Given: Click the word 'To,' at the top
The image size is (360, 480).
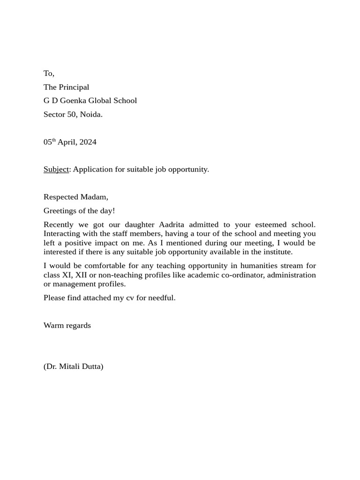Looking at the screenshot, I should pos(49,73).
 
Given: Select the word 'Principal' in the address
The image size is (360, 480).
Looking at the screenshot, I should pos(74,87).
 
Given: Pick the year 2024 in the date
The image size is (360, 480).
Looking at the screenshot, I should pos(88,142).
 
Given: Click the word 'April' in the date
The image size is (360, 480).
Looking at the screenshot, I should pos(67,142).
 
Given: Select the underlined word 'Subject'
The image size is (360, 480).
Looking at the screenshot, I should pos(56,169).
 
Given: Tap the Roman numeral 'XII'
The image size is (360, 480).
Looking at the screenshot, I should pos(82,275).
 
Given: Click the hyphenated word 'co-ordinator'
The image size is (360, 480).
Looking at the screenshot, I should pos(246,275).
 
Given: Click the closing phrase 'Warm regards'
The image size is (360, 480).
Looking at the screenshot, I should pos(67,325).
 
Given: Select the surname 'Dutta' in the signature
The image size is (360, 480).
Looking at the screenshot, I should pos(92,367).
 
